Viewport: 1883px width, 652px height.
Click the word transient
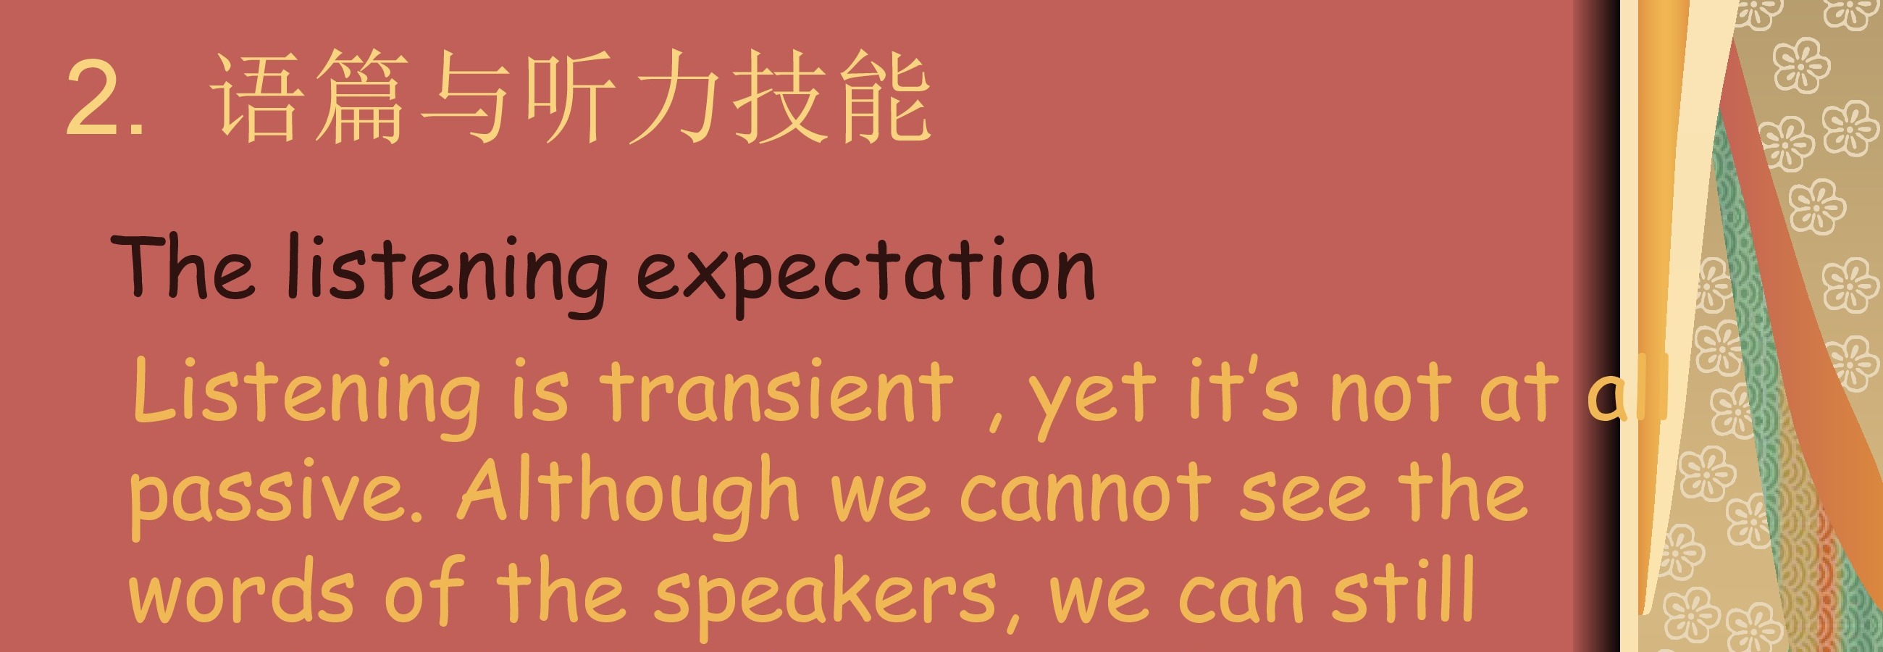[776, 393]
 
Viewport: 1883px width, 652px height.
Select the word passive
[277, 498]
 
